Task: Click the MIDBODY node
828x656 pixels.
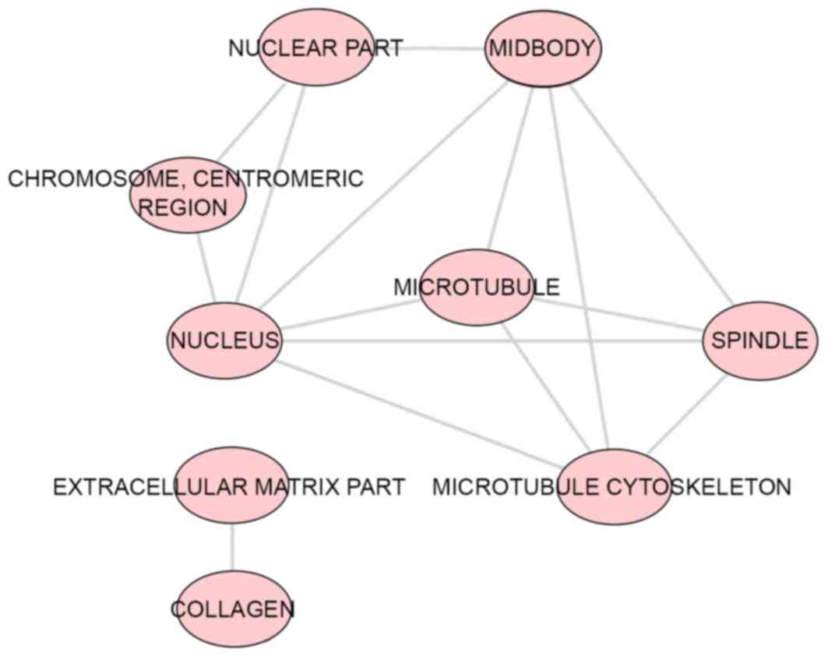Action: [544, 48]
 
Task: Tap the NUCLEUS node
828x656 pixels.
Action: [225, 340]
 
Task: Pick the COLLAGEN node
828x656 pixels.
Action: [232, 608]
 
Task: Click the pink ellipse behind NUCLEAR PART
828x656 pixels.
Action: [315, 48]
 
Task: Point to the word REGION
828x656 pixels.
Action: [188, 208]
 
